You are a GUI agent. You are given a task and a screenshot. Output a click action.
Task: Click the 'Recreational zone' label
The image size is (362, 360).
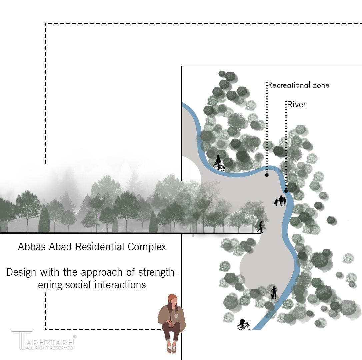click(299, 85)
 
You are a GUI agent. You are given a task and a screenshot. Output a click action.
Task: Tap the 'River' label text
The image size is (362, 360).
click(296, 104)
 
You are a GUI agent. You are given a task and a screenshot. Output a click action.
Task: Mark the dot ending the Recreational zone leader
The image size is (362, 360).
click(267, 175)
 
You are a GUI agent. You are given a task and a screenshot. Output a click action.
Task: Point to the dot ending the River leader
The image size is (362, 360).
click(286, 191)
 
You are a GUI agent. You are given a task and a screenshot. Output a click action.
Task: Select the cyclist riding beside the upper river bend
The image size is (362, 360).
click(218, 163)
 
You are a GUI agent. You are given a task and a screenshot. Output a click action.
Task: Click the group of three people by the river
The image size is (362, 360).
click(281, 201)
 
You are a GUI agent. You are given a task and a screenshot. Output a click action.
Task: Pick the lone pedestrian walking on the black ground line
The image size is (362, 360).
click(260, 227)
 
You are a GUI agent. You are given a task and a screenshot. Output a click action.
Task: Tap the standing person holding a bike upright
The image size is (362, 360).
click(273, 292)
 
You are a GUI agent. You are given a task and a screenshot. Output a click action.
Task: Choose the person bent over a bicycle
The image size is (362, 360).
click(244, 324)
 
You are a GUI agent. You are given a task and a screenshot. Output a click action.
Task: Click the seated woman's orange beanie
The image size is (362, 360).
click(172, 297)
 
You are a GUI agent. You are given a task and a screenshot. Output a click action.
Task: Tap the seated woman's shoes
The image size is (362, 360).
click(171, 348)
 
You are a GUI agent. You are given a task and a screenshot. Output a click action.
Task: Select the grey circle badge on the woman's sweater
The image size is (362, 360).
click(176, 315)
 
